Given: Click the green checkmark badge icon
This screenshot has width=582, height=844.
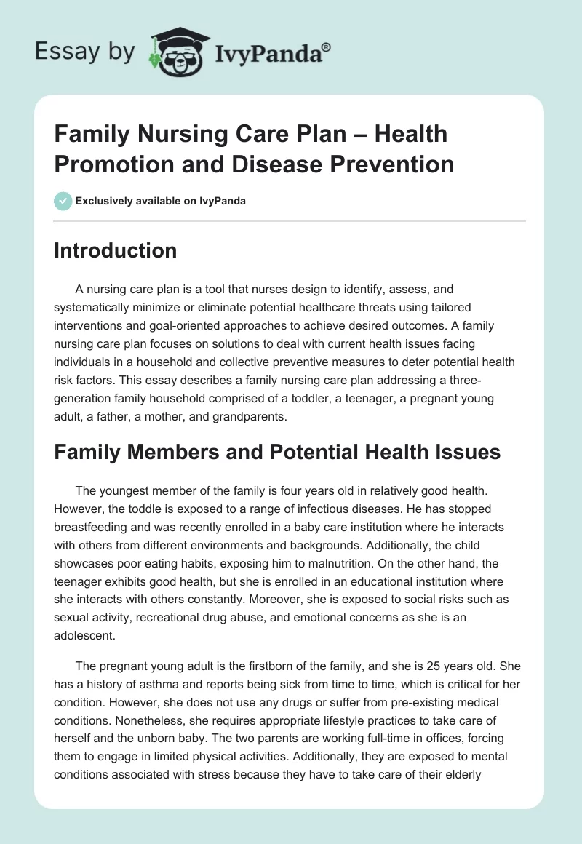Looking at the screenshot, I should tap(63, 201).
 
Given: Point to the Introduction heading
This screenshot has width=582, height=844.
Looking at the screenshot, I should tap(115, 250).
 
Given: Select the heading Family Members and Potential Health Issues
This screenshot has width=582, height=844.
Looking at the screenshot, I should tap(277, 452).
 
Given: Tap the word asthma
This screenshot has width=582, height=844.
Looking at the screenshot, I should tap(164, 683).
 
